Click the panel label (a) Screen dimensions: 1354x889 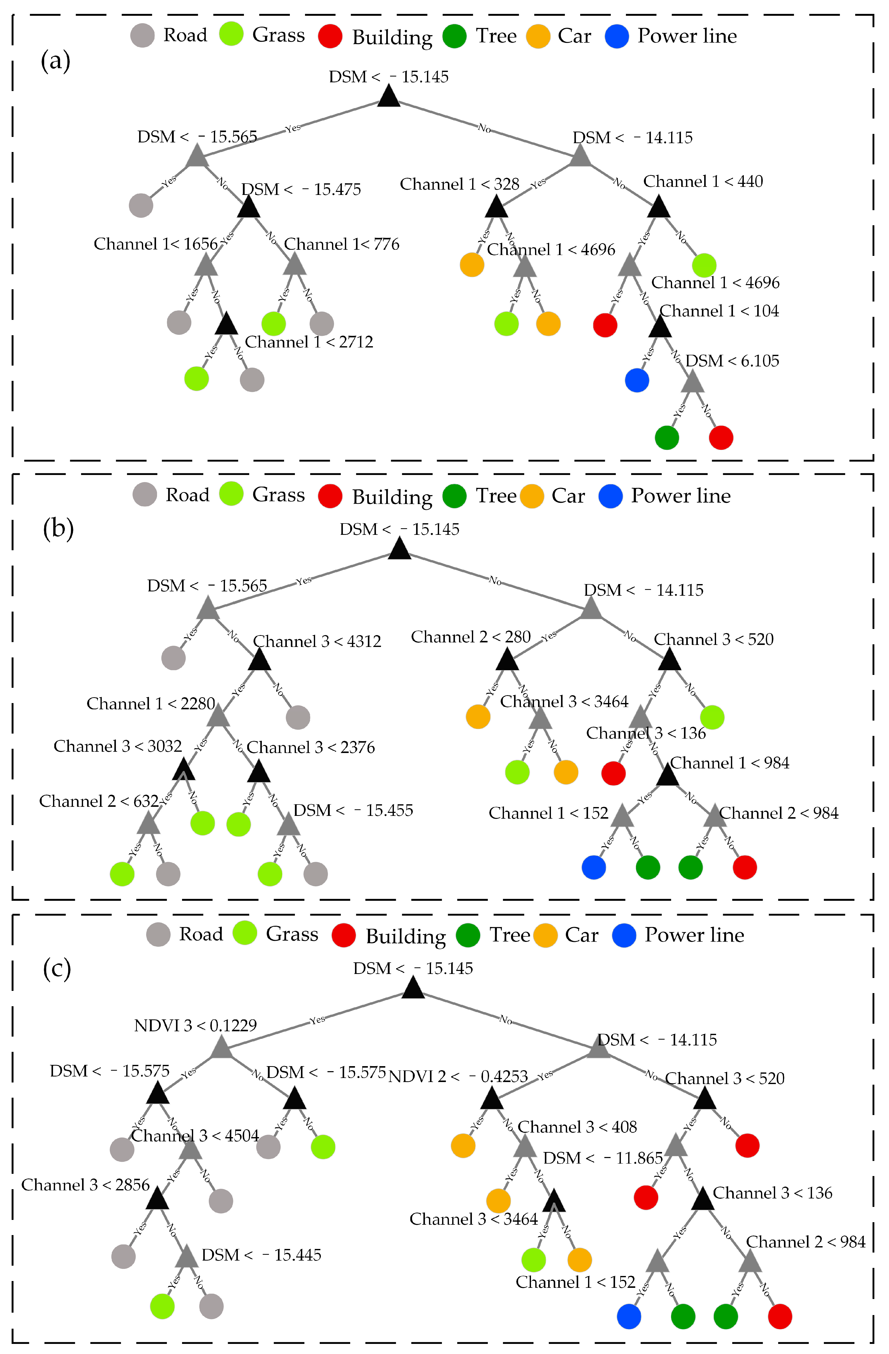pos(55,60)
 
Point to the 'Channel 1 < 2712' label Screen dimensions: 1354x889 pos(309,342)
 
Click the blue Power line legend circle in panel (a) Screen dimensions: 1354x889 pos(617,36)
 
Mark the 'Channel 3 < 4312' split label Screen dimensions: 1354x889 pos(317,641)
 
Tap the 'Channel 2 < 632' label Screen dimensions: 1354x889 pos(98,801)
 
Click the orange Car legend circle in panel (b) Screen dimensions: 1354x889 pos(532,496)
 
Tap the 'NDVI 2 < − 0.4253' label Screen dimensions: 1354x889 pos(458,1076)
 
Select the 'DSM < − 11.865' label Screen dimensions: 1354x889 pos(603,1158)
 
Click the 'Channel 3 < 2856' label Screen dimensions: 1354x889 pos(85,1185)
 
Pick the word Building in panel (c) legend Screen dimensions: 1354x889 pos(405,936)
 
